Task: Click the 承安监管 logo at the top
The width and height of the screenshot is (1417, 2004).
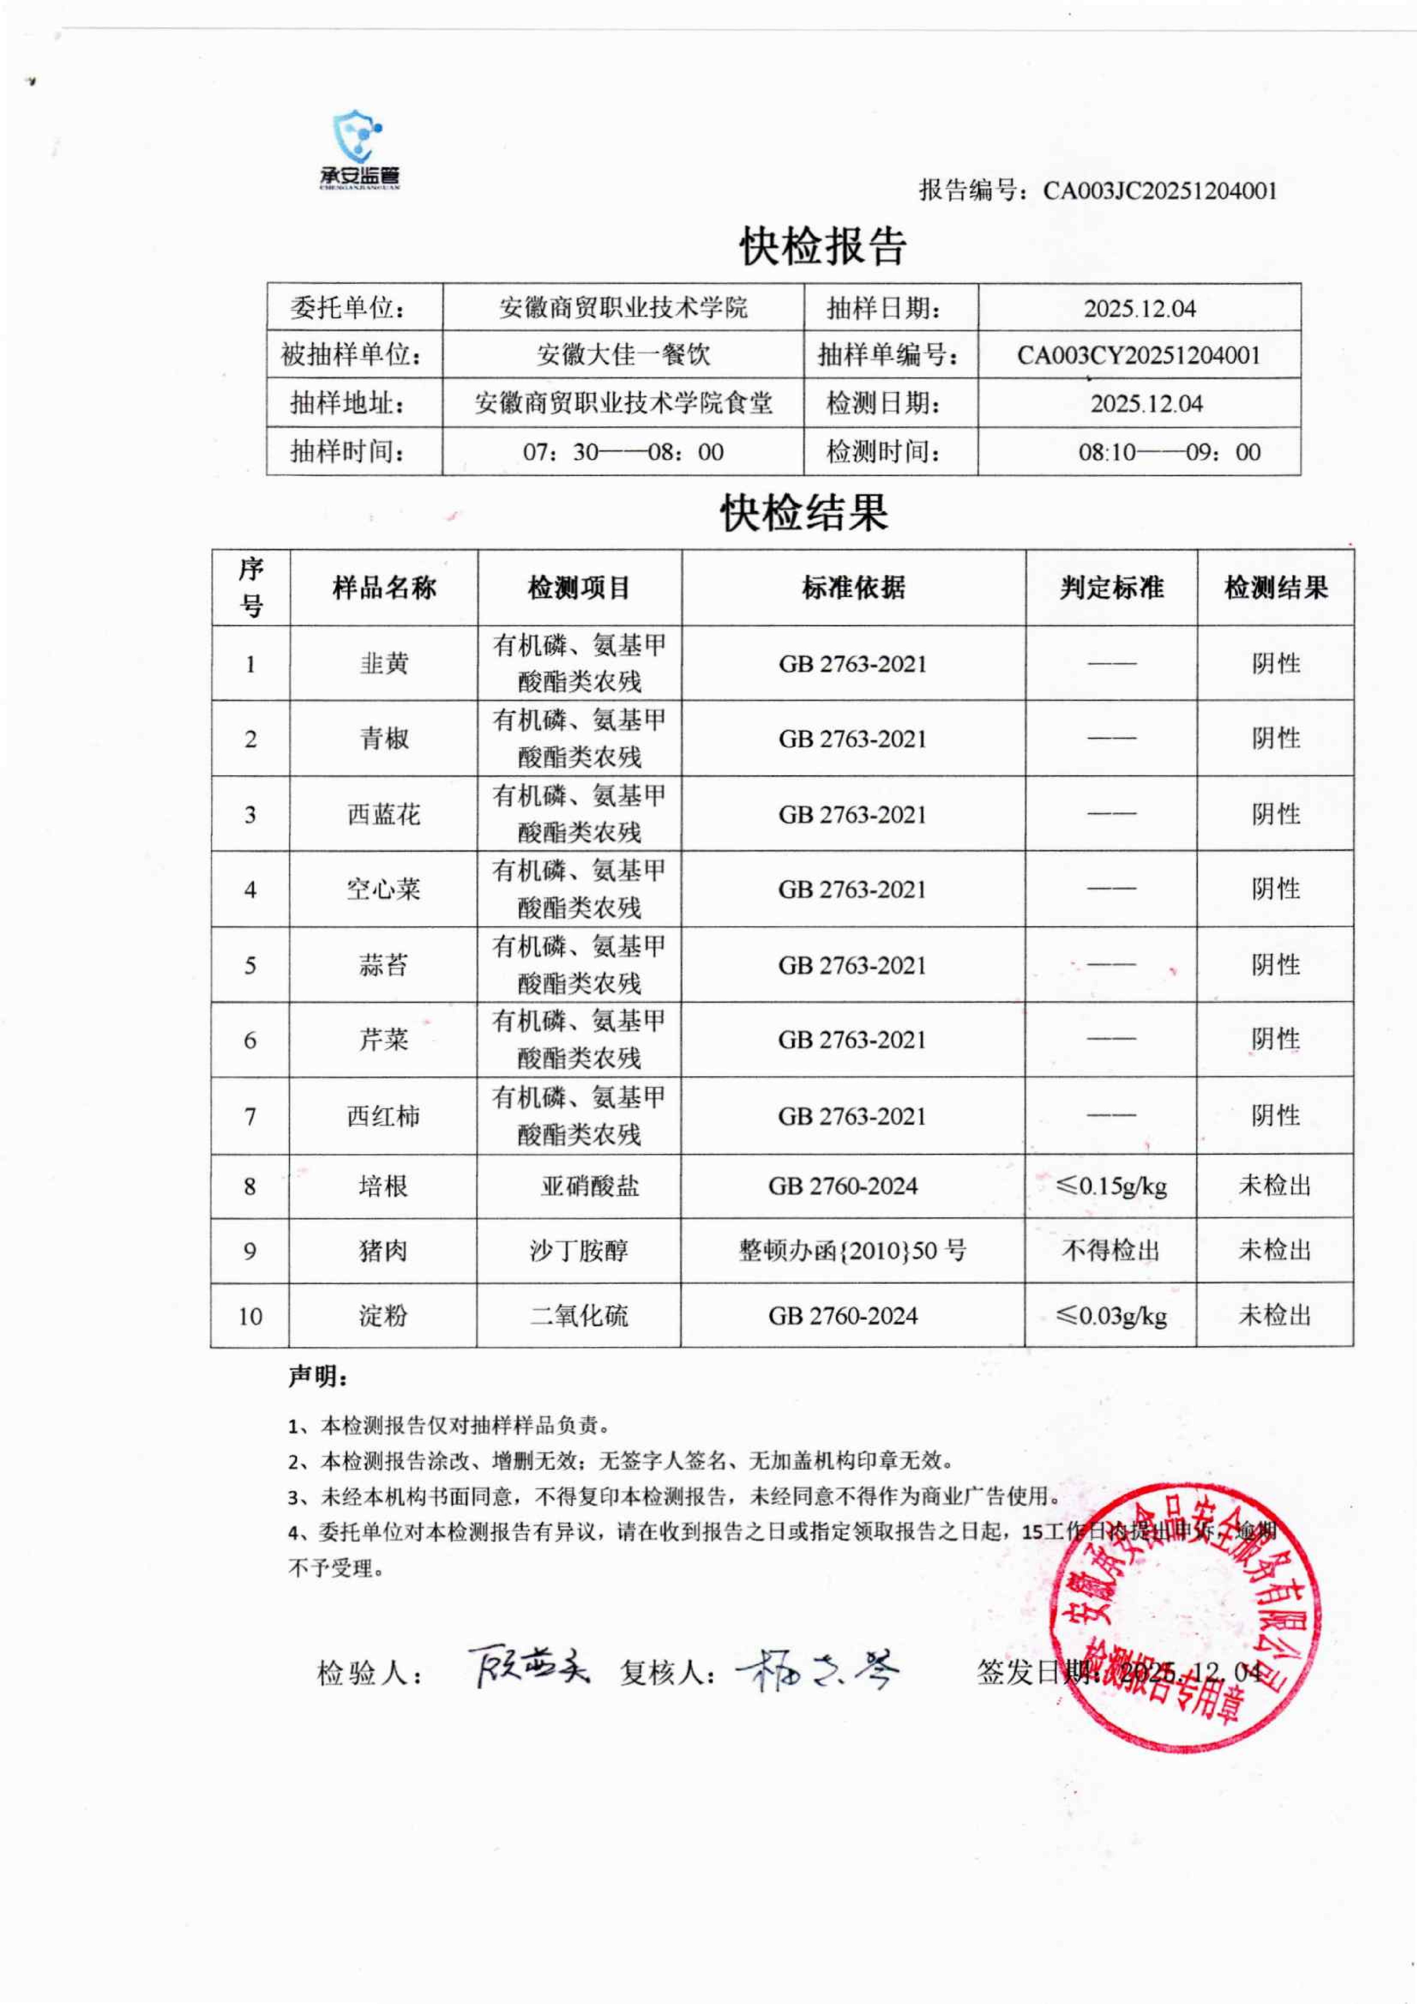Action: coord(359,150)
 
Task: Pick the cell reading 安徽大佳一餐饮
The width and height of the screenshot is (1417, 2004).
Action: coord(623,355)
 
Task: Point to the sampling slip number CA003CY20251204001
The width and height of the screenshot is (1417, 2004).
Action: coord(1139,355)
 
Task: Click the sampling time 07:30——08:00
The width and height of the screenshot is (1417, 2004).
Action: coord(623,452)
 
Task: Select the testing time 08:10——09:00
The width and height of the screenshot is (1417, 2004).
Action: coord(1169,452)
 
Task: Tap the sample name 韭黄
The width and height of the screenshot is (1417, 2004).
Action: coord(384,663)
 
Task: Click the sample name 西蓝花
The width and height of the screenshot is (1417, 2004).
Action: coord(384,814)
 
